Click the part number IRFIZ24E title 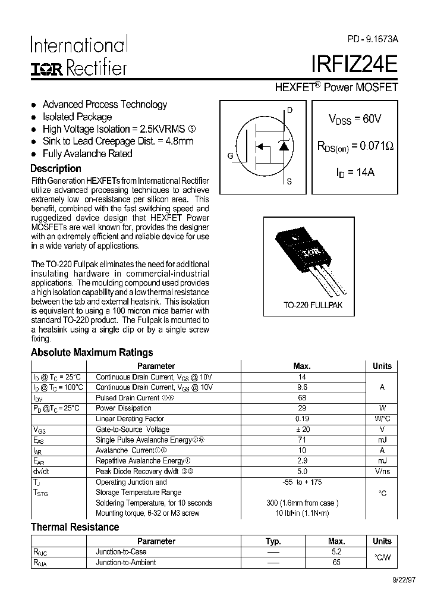(354, 64)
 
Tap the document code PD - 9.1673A (373, 39)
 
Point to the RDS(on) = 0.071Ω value (355, 146)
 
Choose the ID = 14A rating (355, 173)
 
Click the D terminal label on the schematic (289, 110)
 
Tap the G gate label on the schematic (229, 156)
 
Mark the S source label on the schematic (289, 182)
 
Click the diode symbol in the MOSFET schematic (284, 146)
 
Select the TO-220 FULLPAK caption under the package (313, 305)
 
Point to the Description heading (56, 168)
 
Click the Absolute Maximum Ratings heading (92, 352)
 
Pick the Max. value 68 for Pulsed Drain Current (302, 397)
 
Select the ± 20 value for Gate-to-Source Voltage (302, 429)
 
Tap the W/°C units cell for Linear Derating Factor (382, 419)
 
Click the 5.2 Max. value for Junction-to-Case (336, 551)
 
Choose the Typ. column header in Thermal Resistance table (273, 541)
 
